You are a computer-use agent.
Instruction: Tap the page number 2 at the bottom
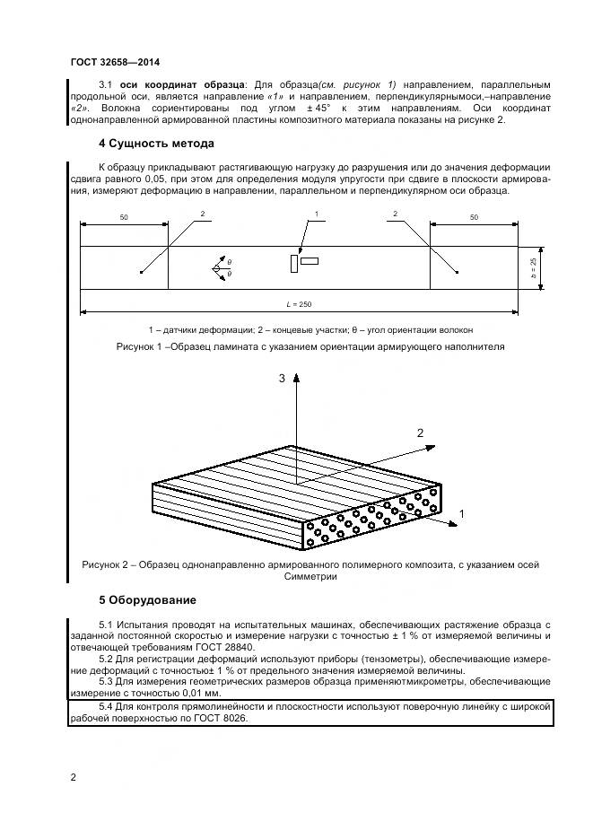(74, 777)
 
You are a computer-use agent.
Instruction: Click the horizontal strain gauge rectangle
(310, 261)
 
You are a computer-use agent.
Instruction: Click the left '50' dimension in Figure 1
(123, 217)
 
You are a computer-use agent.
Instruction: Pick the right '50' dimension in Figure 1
(474, 217)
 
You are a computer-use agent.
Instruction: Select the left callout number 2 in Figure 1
(203, 214)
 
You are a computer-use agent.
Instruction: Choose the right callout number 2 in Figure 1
(395, 214)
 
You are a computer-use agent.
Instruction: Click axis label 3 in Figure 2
(282, 380)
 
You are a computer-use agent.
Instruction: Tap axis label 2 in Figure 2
(419, 433)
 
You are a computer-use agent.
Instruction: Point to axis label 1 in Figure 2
(461, 511)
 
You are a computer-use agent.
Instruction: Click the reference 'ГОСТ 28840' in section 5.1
(214, 646)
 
